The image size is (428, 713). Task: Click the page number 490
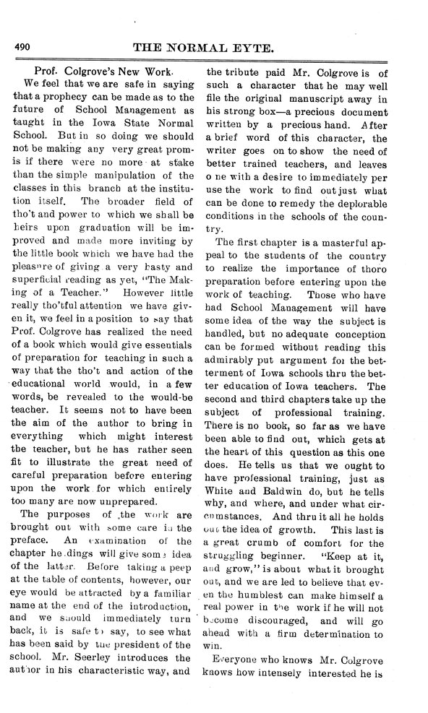[22, 48]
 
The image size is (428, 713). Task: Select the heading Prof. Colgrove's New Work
[104, 74]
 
